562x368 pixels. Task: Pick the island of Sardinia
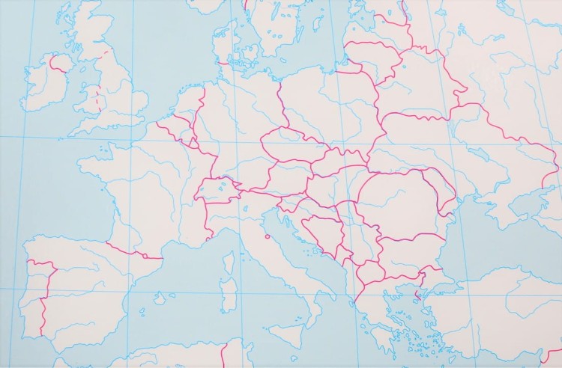(227, 295)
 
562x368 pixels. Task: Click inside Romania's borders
(397, 202)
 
